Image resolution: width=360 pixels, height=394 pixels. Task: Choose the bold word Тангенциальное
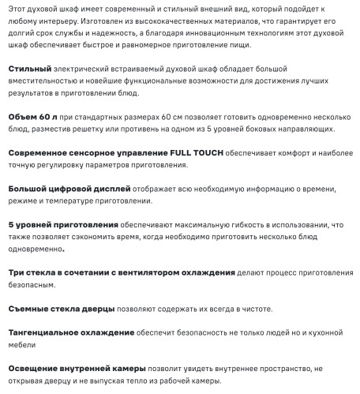coord(51,332)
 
